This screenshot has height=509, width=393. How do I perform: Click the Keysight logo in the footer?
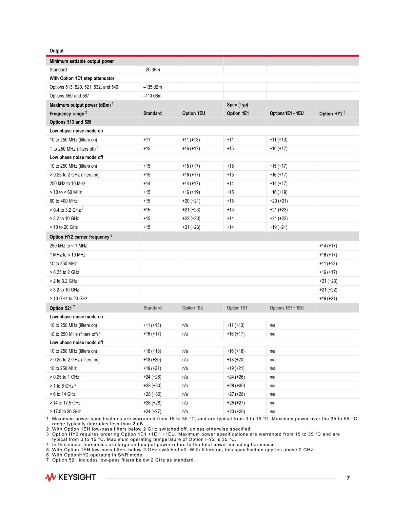(x=70, y=477)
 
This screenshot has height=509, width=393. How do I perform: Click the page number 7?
(x=348, y=478)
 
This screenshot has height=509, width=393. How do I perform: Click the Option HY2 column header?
(x=332, y=114)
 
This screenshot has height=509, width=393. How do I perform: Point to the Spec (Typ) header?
(x=237, y=105)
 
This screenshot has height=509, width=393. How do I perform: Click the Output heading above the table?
(x=56, y=51)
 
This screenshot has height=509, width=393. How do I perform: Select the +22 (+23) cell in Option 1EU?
(x=191, y=219)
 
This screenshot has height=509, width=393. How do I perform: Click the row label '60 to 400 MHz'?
(x=64, y=201)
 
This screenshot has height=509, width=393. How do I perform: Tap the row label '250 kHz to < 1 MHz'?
(x=68, y=246)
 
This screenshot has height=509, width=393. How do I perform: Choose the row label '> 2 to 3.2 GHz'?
(x=63, y=281)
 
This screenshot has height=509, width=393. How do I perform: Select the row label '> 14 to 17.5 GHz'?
(x=65, y=403)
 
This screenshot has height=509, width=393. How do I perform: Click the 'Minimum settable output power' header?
(x=82, y=61)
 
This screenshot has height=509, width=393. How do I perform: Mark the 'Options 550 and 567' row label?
(x=69, y=96)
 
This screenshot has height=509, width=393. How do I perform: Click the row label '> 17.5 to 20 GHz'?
(x=65, y=412)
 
